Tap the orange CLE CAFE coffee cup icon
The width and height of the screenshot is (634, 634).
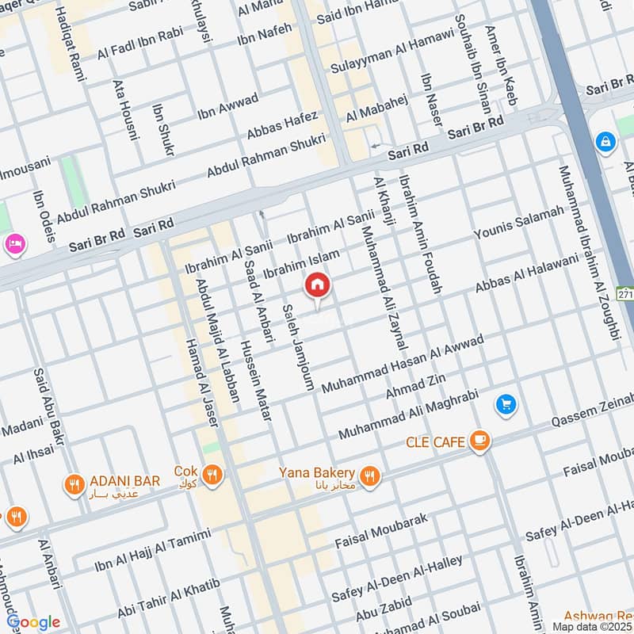tap(479, 441)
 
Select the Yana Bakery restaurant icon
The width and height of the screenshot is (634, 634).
tap(368, 475)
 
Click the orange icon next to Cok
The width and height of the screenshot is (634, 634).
tap(212, 475)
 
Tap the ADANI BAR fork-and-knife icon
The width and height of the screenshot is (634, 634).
tap(74, 483)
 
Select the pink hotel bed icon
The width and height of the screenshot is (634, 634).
tap(13, 242)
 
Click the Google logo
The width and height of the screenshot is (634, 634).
tap(33, 622)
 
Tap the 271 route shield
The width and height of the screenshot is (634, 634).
tap(626, 294)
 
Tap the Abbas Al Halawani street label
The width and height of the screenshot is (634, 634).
tap(527, 274)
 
